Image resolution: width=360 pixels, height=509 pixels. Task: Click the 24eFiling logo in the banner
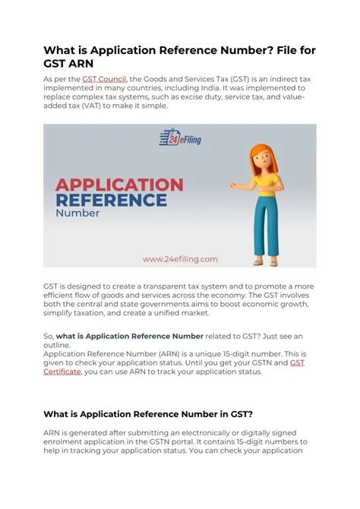[180, 138]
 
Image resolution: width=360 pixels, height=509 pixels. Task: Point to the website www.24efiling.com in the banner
[179, 258]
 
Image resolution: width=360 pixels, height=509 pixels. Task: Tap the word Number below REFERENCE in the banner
[78, 213]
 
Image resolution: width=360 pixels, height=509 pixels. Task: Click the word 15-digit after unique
[240, 354]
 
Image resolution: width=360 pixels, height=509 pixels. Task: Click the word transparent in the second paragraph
[159, 286]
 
